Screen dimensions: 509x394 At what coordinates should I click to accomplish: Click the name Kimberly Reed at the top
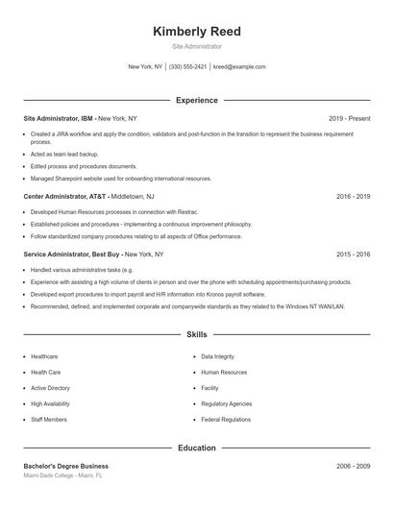(196, 31)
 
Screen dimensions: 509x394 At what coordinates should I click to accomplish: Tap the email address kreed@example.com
(239, 67)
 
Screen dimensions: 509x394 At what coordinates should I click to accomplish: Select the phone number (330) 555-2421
(187, 67)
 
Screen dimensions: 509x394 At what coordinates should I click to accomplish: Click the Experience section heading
(196, 100)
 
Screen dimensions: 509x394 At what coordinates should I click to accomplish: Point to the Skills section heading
(196, 335)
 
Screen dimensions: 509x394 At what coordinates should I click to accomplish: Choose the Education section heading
(196, 448)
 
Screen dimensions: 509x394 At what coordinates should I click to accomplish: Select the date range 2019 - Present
(349, 118)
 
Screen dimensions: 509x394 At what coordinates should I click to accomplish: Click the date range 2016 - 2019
(353, 196)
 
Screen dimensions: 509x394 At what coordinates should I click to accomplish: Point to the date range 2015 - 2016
(353, 254)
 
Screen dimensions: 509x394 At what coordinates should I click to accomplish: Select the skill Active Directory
(50, 388)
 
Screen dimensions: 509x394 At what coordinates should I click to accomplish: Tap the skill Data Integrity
(217, 356)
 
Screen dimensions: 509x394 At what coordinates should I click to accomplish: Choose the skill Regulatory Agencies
(227, 404)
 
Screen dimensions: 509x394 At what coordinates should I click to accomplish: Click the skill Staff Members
(49, 420)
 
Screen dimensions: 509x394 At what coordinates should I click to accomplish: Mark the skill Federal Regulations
(226, 420)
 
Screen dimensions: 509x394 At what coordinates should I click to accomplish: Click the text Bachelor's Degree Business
(66, 466)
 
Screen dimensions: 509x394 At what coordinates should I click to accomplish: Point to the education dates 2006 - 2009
(353, 466)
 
